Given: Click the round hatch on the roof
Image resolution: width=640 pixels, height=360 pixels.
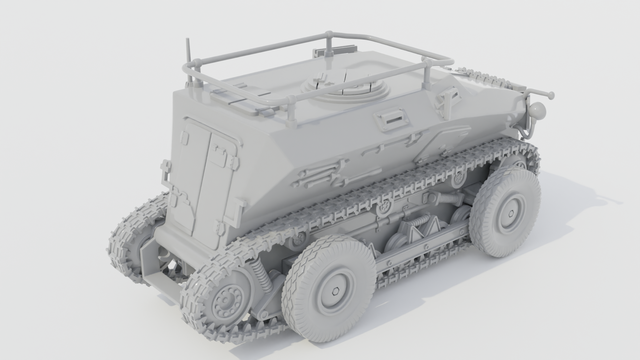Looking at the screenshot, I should [x=345, y=87].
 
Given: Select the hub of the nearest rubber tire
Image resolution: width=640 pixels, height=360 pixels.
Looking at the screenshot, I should [x=336, y=292].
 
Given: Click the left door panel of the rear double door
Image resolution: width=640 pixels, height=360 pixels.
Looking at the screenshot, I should [x=192, y=173].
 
